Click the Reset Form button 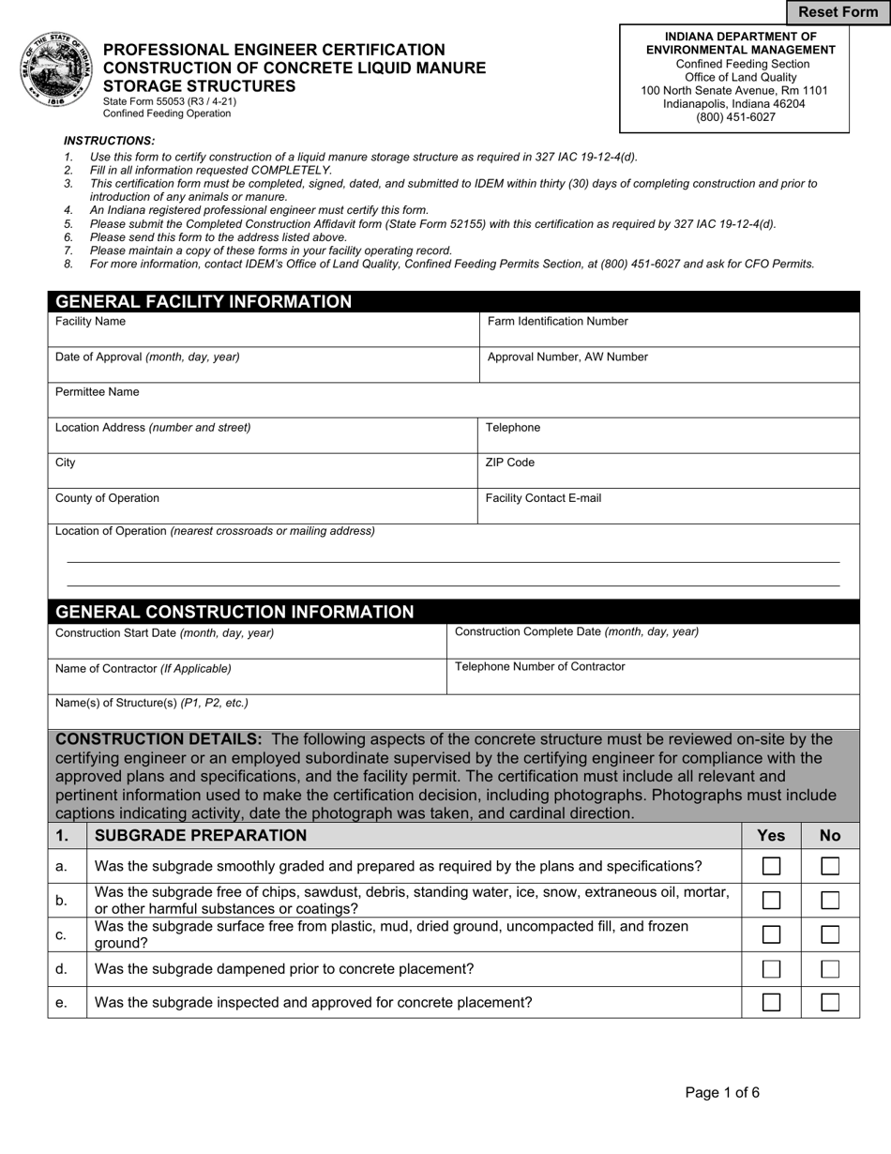click(838, 12)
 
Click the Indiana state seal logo click(56, 70)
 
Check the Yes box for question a click(771, 866)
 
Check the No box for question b click(830, 901)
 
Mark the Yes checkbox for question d click(771, 969)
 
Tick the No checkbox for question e click(830, 1002)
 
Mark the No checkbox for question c click(830, 934)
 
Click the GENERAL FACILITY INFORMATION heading click(204, 302)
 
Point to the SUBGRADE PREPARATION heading click(201, 835)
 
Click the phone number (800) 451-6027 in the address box click(734, 117)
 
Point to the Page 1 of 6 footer click(722, 1092)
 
